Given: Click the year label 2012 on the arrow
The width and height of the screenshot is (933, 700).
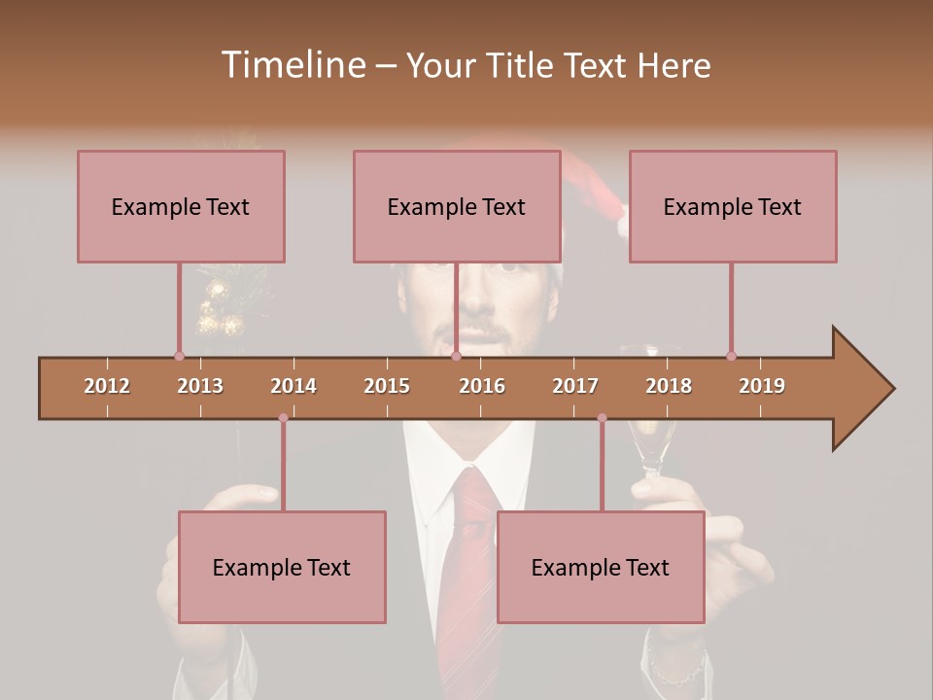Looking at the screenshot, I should [107, 386].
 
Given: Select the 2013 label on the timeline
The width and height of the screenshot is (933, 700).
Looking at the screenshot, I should [200, 386].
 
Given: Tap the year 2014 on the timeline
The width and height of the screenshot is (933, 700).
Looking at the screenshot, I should [294, 386].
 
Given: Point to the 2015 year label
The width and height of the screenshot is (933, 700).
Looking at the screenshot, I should [387, 386].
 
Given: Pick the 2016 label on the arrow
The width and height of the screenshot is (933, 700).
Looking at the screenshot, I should [482, 386].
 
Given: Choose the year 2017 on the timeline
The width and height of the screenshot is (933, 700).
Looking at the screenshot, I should [575, 386].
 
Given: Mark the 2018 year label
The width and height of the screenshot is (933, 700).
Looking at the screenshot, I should [669, 386].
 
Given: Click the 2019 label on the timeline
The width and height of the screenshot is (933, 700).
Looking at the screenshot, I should [762, 386].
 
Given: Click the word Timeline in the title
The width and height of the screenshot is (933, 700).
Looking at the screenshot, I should [293, 65].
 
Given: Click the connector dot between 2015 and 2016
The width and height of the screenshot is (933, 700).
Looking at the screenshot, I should [456, 356].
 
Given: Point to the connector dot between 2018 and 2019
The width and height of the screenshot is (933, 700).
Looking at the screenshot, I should [731, 356].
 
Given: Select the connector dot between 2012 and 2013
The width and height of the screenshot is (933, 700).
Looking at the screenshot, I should [179, 356].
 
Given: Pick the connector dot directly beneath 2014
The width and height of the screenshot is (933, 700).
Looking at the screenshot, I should [283, 418].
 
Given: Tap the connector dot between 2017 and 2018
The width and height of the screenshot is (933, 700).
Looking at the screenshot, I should [602, 418].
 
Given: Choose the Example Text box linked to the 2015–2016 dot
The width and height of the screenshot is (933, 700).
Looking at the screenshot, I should [456, 206].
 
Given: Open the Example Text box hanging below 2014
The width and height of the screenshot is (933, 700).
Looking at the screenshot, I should [282, 567].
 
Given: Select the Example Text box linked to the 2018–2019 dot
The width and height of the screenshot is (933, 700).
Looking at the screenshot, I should [732, 206].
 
